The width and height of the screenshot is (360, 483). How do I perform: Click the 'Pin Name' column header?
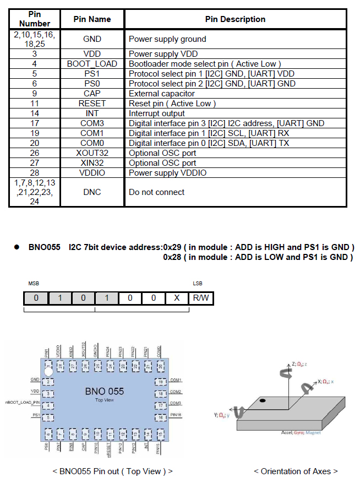point(92,19)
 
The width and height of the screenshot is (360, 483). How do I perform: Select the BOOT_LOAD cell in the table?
point(92,64)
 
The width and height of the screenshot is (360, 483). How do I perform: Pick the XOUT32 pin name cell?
point(92,153)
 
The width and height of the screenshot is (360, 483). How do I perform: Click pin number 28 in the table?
point(34,173)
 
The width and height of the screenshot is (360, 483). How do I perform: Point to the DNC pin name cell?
point(92,192)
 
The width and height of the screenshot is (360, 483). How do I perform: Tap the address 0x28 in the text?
point(173,257)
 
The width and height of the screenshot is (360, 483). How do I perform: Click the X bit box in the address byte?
point(177,299)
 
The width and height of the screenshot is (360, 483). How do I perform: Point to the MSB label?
point(34,284)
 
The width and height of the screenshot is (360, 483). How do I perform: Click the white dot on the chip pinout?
point(49,370)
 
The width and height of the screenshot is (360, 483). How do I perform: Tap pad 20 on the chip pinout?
point(160,366)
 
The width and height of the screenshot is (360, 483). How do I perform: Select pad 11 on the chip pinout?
point(110,435)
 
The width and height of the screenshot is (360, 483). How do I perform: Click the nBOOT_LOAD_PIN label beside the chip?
point(21,403)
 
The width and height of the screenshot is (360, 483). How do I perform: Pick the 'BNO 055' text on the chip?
point(104,392)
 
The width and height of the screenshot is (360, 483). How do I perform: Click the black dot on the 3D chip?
point(264,400)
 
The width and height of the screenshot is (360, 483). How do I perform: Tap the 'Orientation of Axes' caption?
point(296,471)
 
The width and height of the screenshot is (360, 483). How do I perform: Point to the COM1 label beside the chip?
point(176,380)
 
